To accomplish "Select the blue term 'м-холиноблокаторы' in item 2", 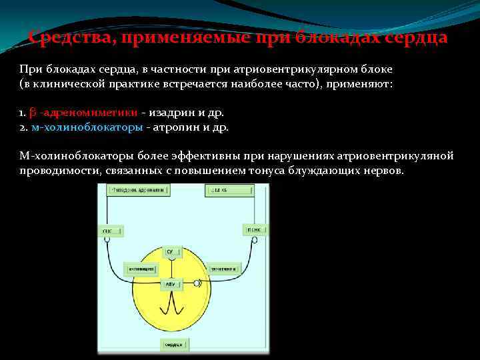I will [x=87, y=127].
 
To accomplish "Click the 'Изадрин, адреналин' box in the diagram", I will [x=139, y=189].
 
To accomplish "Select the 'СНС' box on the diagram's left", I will [x=111, y=231].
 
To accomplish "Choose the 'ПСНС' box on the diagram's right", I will [x=255, y=230].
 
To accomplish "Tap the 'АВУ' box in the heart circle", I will [x=171, y=283].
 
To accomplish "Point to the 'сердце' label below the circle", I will [x=175, y=344].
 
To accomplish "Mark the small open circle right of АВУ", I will [x=196, y=283].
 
